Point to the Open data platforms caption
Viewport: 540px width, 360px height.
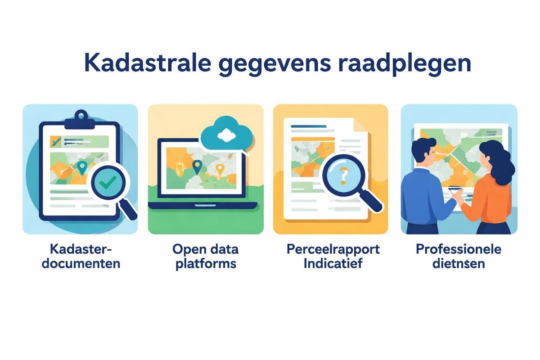coord(206,256)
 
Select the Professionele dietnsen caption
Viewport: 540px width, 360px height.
coord(459,256)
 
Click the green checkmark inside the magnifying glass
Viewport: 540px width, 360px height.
coord(108,183)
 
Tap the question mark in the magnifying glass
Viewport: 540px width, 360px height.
coord(343,174)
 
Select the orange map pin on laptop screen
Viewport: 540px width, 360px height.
coord(220,169)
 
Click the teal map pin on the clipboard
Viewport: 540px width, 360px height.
coord(81,168)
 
